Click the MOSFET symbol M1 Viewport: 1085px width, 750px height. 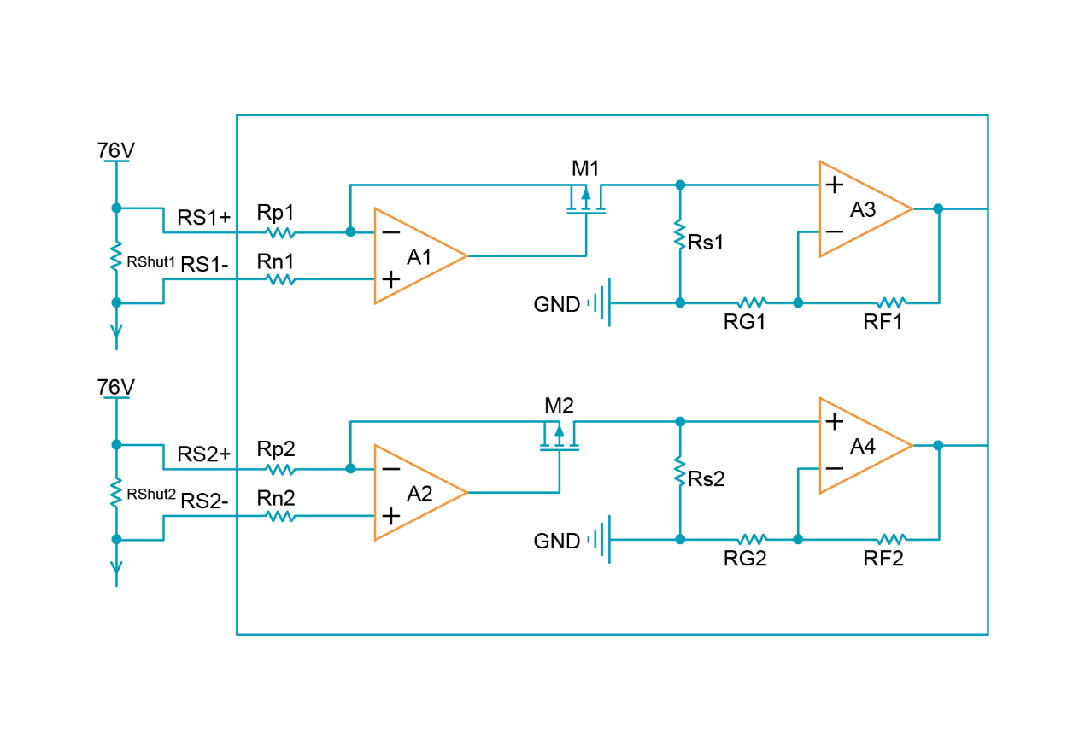tap(586, 203)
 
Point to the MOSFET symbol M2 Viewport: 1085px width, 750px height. tap(560, 440)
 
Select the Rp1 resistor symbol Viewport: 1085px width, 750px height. tap(280, 232)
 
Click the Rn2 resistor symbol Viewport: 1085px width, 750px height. tap(280, 516)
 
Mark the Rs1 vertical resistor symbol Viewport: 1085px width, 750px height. tap(680, 234)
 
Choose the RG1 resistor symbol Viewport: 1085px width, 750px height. tap(752, 302)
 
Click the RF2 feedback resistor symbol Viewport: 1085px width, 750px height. tap(891, 539)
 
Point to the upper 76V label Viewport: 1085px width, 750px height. tap(116, 151)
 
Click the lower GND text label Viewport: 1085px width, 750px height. tap(557, 541)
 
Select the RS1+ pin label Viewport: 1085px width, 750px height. tap(204, 217)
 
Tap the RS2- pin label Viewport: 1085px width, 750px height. tap(204, 501)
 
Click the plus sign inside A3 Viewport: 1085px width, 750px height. tap(834, 185)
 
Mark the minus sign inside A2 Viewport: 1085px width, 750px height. tap(390, 468)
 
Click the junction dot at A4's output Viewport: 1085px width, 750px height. tap(938, 445)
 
